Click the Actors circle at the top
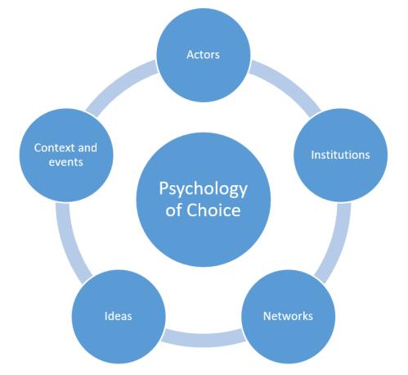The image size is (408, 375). (204, 56)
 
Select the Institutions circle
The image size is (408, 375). (340, 154)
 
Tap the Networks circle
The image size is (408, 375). (288, 315)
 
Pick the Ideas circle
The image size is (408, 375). (119, 315)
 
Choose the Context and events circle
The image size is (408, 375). (65, 154)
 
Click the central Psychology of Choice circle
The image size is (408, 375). (203, 199)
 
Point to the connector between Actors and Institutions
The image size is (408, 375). (276, 87)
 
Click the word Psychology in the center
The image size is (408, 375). (203, 188)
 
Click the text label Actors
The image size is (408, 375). (204, 56)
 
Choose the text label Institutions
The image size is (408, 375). (340, 154)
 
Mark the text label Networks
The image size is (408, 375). (288, 315)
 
